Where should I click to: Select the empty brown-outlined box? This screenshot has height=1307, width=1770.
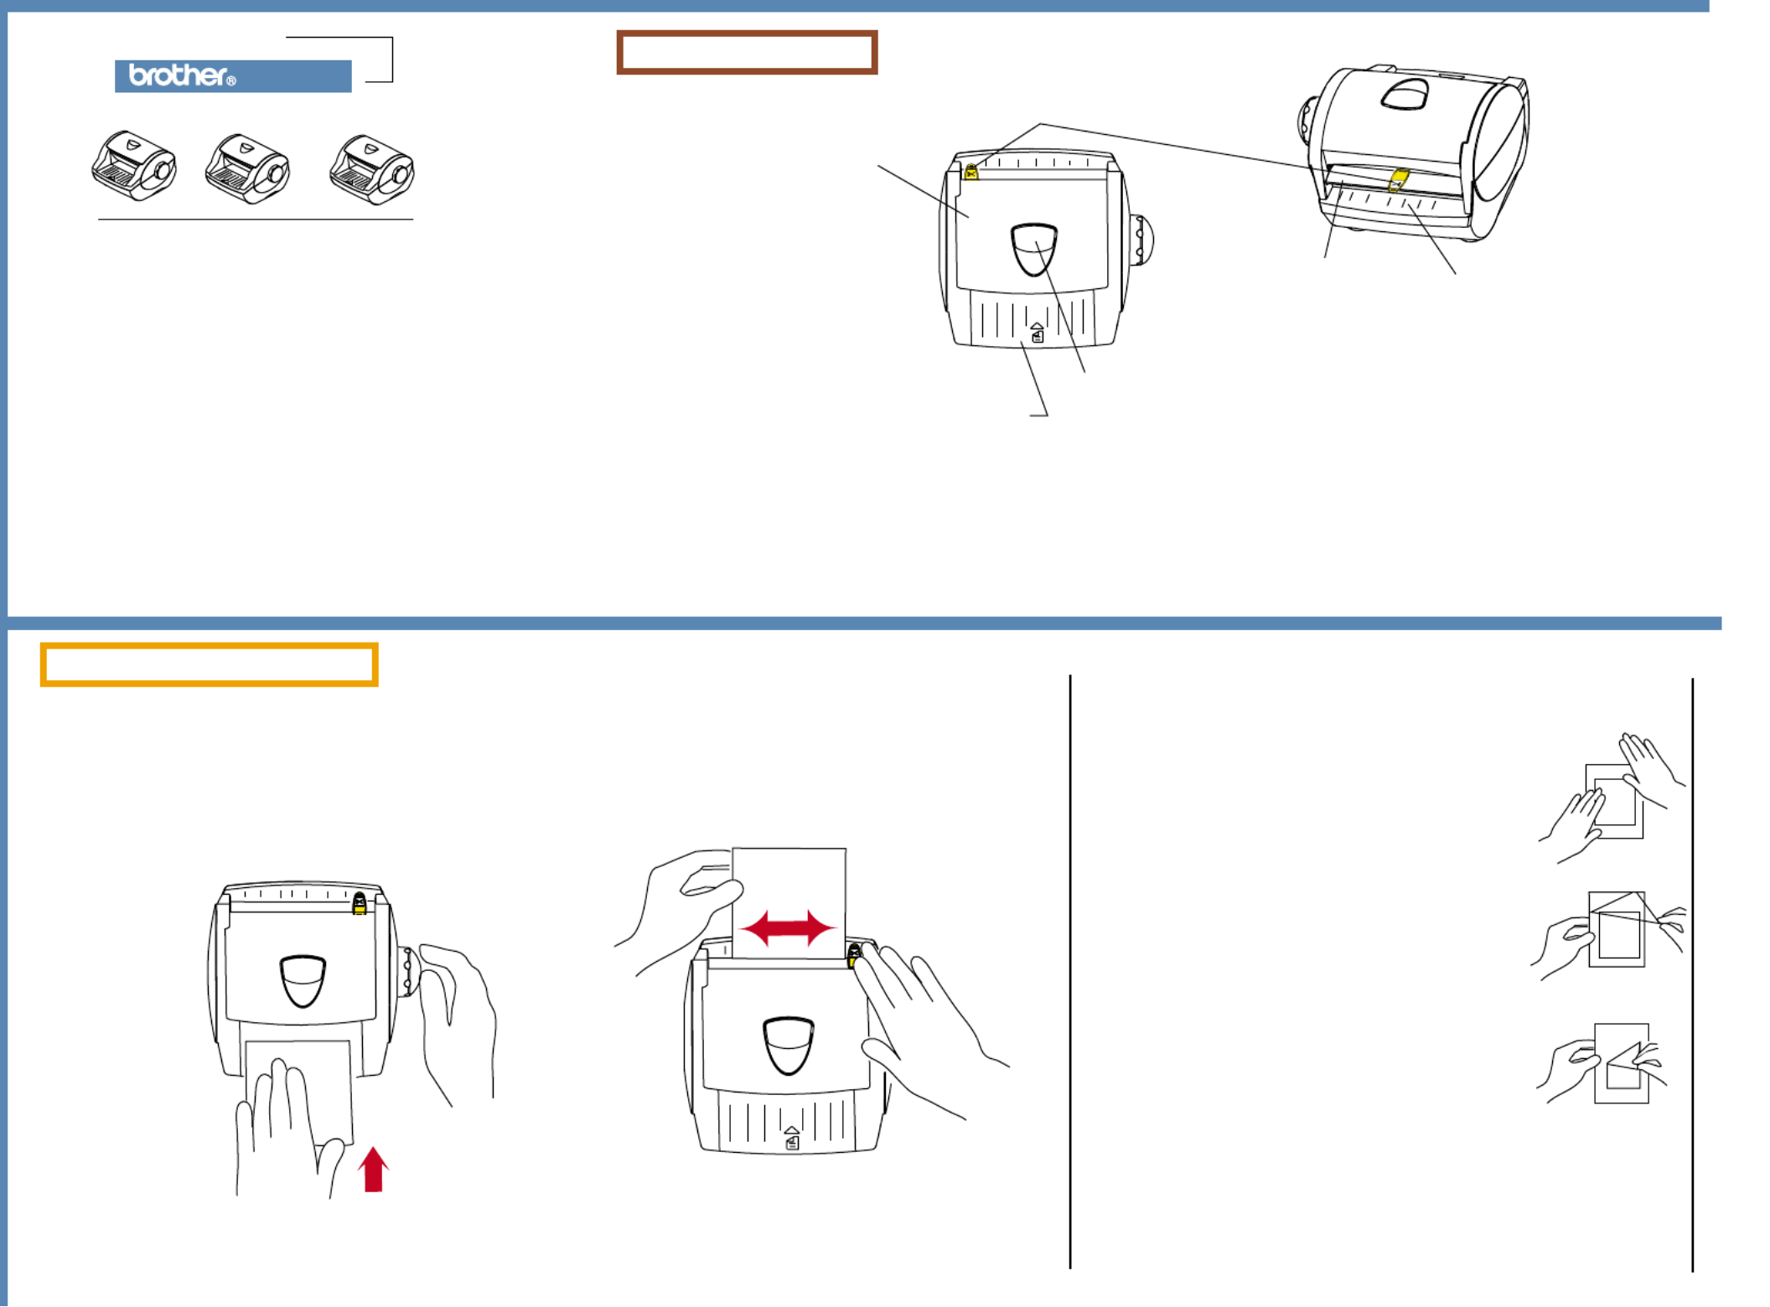pyautogui.click(x=747, y=34)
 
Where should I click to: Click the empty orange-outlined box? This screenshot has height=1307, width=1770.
pyautogui.click(x=209, y=645)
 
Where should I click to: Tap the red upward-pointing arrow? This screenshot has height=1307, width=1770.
pyautogui.click(x=374, y=1169)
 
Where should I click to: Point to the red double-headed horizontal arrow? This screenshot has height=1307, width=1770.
pyautogui.click(x=788, y=927)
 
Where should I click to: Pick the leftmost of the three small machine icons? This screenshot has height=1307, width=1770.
pyautogui.click(x=134, y=166)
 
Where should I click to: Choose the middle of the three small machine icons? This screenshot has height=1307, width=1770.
pyautogui.click(x=247, y=168)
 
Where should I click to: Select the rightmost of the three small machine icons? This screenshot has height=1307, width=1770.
pyautogui.click(x=371, y=169)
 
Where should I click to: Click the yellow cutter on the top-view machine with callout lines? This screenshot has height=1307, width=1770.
pyautogui.click(x=971, y=172)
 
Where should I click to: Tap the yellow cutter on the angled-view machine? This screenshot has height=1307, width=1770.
pyautogui.click(x=1398, y=179)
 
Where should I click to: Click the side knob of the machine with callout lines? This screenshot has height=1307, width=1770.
pyautogui.click(x=1141, y=240)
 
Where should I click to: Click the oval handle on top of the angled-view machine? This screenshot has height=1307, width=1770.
pyautogui.click(x=1405, y=94)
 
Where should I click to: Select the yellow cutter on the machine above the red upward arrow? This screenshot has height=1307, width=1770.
pyautogui.click(x=360, y=903)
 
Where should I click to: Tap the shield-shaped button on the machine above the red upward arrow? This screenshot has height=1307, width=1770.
pyautogui.click(x=303, y=980)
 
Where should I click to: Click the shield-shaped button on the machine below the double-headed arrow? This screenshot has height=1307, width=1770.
pyautogui.click(x=788, y=1046)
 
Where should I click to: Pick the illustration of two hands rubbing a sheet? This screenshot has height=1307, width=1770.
pyautogui.click(x=1611, y=798)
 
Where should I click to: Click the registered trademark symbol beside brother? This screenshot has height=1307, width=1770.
pyautogui.click(x=231, y=81)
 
